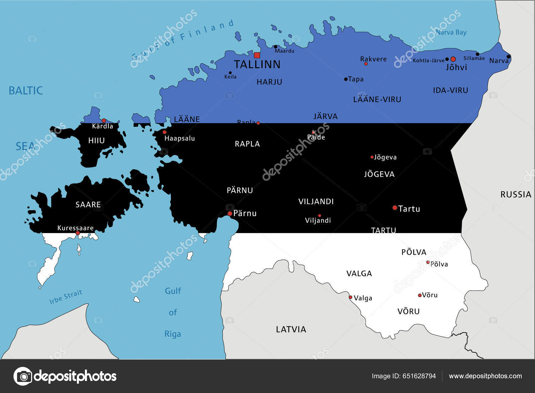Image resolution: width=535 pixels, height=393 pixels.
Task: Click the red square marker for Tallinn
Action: point(257,55)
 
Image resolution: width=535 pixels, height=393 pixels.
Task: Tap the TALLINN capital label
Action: point(257,64)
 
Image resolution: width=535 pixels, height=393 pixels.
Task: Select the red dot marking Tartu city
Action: point(395,208)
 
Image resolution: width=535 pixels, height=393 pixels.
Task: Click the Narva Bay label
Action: point(451,32)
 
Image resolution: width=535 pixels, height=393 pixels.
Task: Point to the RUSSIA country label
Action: point(516,194)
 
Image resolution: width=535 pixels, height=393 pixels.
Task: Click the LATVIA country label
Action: point(291,329)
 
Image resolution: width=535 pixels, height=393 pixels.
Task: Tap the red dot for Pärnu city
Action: point(230,213)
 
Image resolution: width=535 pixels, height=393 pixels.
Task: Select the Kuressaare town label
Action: point(76,228)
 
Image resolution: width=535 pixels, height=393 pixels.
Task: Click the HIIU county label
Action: point(97,141)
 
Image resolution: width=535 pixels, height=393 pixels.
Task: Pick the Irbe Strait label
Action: point(66,297)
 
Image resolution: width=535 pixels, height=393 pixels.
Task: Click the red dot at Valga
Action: point(350,297)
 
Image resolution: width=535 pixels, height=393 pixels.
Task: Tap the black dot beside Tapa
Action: point(346,79)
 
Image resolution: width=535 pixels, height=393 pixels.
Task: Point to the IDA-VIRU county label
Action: point(450,90)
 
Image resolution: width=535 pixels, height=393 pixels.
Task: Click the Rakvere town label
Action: point(373,59)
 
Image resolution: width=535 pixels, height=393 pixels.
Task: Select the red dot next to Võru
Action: point(420,295)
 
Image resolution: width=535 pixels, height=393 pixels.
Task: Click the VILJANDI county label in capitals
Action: point(316,202)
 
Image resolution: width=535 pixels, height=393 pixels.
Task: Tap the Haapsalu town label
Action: point(180,138)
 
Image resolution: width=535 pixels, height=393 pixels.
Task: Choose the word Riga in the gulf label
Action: point(173,334)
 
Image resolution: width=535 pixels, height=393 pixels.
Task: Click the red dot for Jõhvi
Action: point(453,59)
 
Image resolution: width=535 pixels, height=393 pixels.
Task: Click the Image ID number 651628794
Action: point(419,376)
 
